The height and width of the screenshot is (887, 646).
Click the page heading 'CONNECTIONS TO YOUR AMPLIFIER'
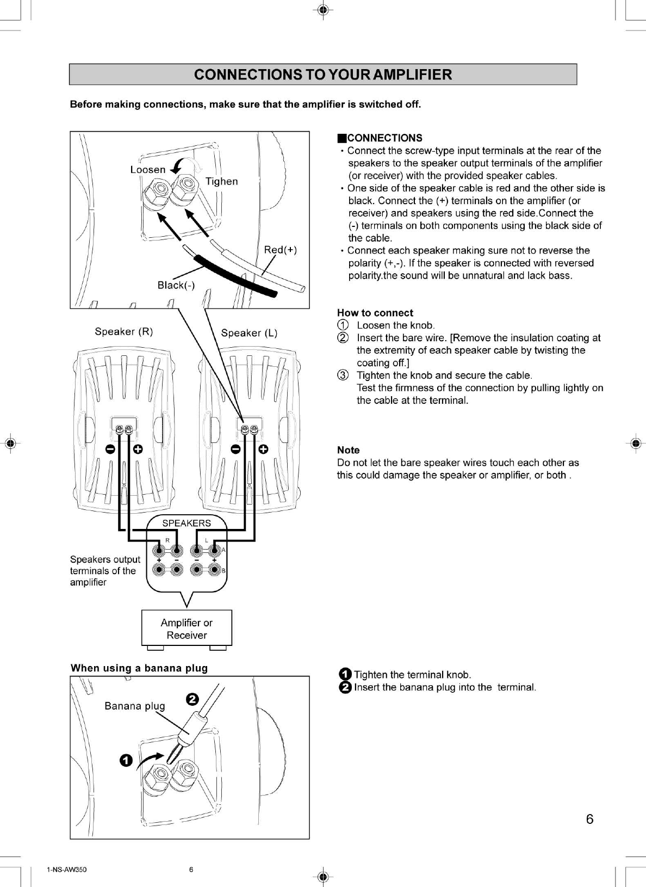322,75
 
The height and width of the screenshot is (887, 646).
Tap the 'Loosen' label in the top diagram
147,170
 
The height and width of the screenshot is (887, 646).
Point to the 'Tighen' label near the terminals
221,181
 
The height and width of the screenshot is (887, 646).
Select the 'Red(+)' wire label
280,250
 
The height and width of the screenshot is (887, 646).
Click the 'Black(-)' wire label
176,285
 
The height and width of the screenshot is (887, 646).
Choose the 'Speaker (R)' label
123,331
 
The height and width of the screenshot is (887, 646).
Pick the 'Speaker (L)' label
249,333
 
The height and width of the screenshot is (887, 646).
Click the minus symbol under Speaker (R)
110,449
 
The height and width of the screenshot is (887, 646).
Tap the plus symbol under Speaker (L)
264,449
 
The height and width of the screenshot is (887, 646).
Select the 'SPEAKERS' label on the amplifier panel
187,523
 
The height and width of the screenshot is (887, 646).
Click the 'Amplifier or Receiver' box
187,629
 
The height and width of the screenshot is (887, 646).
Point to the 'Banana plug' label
134,706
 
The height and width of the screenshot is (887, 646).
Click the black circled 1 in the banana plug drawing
126,760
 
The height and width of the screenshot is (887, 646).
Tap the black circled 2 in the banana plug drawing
192,699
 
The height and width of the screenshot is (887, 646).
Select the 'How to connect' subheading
375,313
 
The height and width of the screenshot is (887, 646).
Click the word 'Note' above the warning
348,450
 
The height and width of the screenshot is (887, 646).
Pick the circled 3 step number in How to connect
343,375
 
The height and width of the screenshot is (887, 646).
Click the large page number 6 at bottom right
589,819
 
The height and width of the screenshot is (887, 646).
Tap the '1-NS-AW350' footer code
66,869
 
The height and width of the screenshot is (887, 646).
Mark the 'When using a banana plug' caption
139,668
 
